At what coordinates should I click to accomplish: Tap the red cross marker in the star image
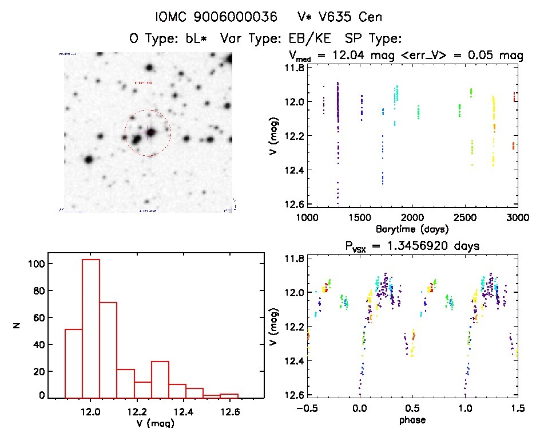[x=148, y=133]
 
